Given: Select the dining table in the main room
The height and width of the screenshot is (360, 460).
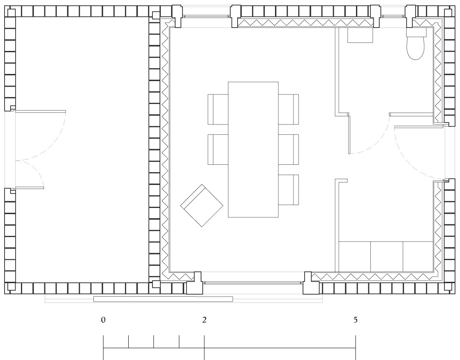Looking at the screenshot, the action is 253,150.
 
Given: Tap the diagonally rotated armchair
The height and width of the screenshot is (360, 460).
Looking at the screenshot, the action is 202,205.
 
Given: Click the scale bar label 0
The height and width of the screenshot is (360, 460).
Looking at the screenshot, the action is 103,320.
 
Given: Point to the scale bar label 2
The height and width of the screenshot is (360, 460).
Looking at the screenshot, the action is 204,320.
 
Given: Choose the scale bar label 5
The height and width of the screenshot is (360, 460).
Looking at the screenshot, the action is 355,320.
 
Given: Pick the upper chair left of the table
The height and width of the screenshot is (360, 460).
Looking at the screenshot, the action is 218,109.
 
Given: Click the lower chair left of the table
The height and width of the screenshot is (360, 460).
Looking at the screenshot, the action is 218,149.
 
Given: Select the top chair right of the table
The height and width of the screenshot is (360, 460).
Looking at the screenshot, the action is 289,109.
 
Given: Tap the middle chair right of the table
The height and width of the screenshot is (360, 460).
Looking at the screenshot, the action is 289,149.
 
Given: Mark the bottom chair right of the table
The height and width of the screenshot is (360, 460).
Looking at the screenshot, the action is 289,189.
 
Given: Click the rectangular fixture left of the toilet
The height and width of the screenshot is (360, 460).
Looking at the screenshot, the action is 360,35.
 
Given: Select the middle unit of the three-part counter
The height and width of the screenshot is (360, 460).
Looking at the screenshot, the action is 387,257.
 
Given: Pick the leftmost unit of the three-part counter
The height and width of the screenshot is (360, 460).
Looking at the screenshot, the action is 355,257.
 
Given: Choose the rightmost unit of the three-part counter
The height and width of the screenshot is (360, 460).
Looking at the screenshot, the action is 418,257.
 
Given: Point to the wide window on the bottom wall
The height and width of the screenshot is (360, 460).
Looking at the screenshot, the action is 252,283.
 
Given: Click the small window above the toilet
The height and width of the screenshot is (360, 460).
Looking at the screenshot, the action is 393,16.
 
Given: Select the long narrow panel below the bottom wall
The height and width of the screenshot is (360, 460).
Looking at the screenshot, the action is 163,299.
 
